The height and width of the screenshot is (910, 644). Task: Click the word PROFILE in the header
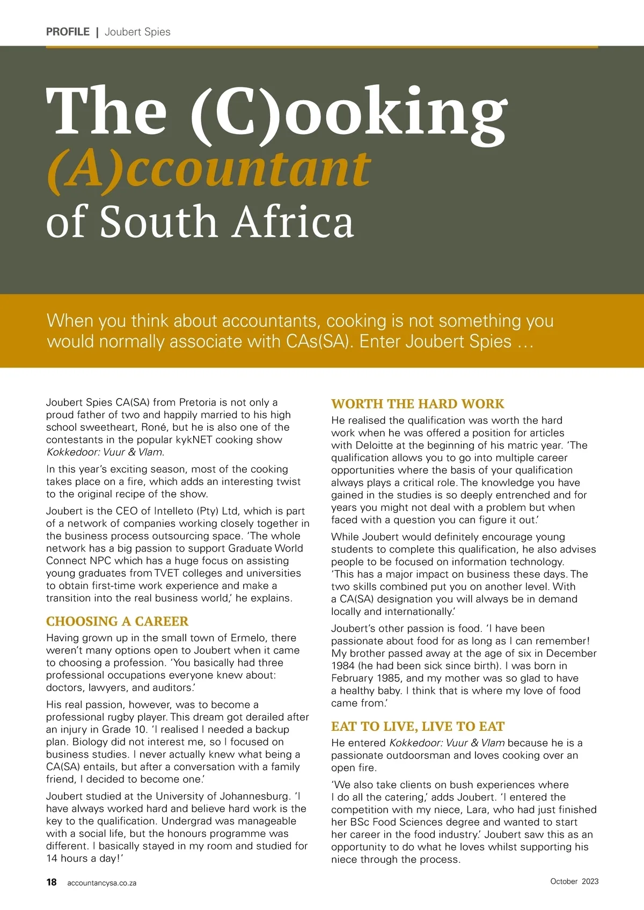pos(68,32)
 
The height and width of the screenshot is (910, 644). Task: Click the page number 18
pos(52,882)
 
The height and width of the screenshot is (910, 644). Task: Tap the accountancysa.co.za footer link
pos(101,883)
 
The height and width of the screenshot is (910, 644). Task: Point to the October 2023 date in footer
pos(574,881)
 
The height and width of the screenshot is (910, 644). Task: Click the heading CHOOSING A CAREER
pos(117,621)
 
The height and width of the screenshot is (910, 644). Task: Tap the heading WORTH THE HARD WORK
pos(418,403)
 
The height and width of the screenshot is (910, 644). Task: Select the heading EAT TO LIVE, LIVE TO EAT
pos(418,726)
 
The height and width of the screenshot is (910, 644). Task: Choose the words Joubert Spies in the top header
pos(137,32)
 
